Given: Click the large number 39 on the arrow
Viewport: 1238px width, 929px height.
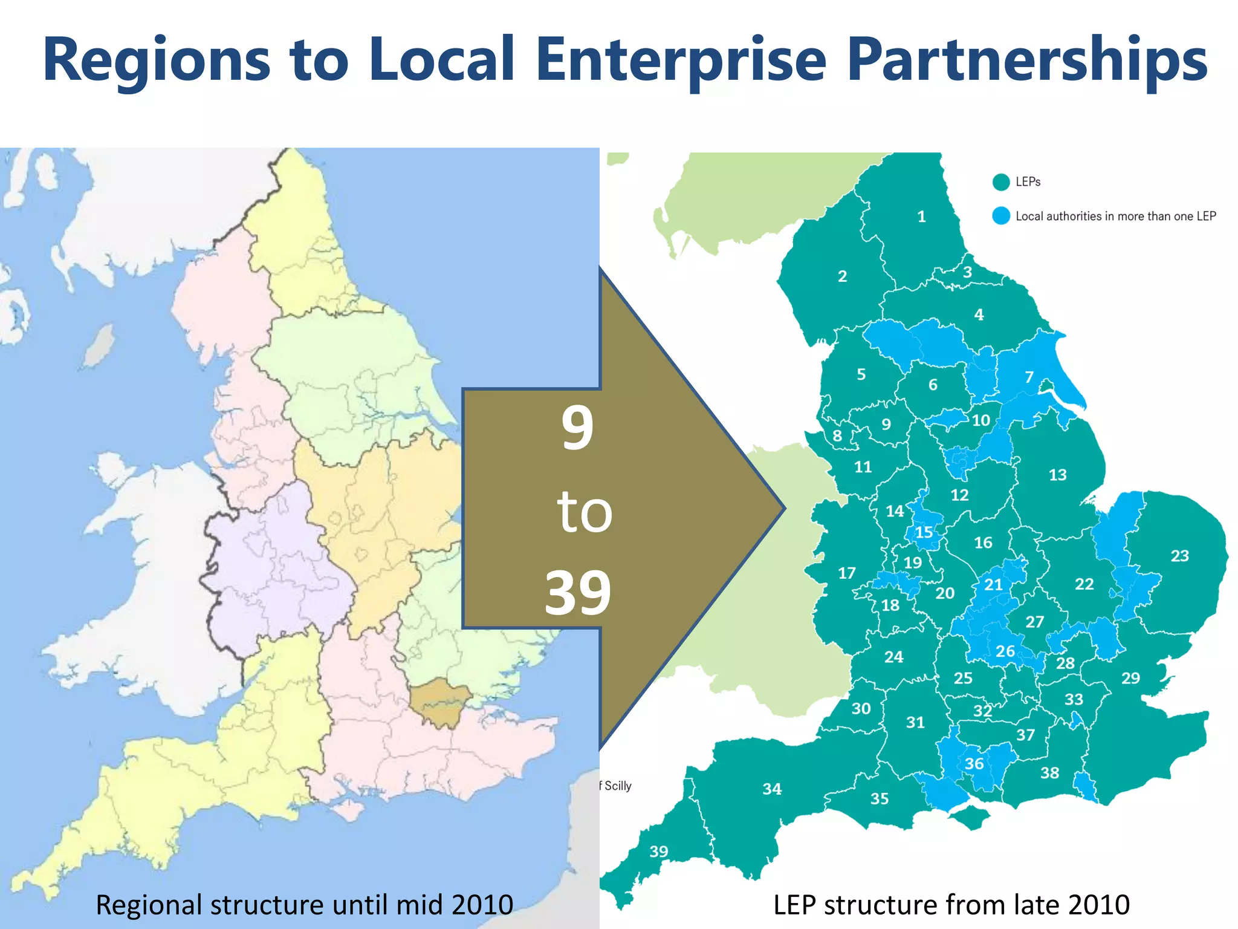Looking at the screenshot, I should coord(578,593).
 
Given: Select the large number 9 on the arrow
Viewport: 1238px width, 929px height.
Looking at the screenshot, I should coord(577,428).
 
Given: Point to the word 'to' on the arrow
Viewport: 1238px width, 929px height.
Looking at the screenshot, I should coord(584,512).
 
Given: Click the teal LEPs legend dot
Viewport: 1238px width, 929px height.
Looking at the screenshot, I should coord(1001,182).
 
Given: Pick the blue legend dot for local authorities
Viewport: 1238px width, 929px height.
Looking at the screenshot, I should coord(1001,216).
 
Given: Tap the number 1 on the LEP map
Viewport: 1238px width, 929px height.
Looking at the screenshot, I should coord(921,217).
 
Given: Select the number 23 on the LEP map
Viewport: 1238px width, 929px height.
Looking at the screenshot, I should coord(1179,556).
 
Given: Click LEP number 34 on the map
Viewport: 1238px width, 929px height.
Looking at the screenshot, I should coord(772,789).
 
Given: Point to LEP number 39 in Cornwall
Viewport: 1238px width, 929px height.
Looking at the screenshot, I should coord(659,852).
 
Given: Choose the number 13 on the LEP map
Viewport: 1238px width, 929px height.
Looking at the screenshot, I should coord(1057,475).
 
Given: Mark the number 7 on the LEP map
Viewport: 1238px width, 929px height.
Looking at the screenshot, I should coord(1029,377).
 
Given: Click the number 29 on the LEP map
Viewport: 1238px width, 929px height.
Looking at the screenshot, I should coord(1130,678).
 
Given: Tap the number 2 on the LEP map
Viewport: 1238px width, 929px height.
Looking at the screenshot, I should coord(842,276).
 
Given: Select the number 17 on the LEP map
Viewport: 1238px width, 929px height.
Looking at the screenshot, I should coord(846,573).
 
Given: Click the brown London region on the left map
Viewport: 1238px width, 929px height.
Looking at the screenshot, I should coord(441,702).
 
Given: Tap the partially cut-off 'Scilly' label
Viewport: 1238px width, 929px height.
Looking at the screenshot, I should coord(617,786).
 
